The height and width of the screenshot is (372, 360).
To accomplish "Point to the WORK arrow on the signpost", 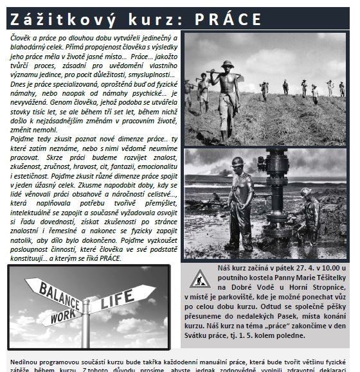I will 60,315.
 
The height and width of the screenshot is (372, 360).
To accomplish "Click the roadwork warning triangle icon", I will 196,277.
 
